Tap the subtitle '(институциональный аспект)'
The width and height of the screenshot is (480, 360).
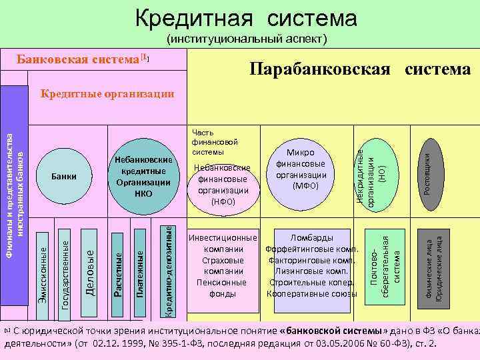coord(247,39)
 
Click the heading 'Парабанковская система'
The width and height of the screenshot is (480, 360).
coord(360,69)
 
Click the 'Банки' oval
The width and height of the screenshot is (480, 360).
coord(64,176)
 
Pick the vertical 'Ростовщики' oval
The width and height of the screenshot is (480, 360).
coord(428,170)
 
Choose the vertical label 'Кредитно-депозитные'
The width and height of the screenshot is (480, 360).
coord(169,270)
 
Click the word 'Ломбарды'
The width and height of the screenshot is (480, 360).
coord(308,237)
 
